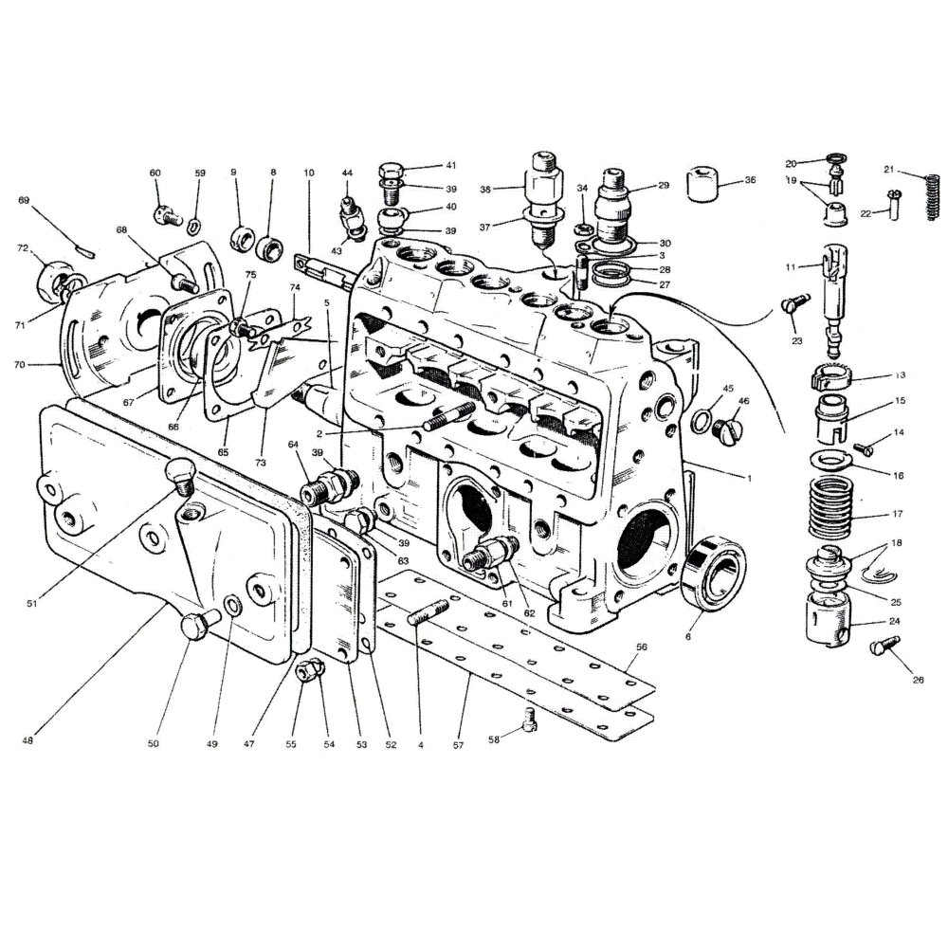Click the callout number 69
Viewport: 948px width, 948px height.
pos(24,201)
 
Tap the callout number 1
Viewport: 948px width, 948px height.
pos(748,479)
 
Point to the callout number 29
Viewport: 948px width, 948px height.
pos(664,186)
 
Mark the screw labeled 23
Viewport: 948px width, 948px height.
pos(793,307)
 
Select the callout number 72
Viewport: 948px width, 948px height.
pos(23,248)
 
